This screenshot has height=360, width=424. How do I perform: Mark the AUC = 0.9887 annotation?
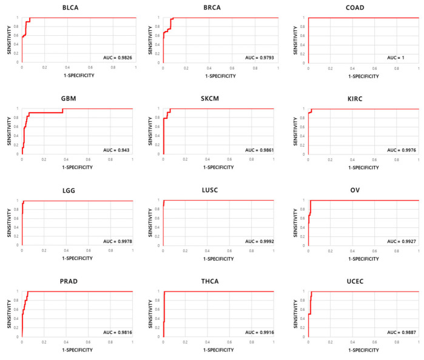point(400,332)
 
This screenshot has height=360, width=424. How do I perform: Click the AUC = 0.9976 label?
point(400,149)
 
